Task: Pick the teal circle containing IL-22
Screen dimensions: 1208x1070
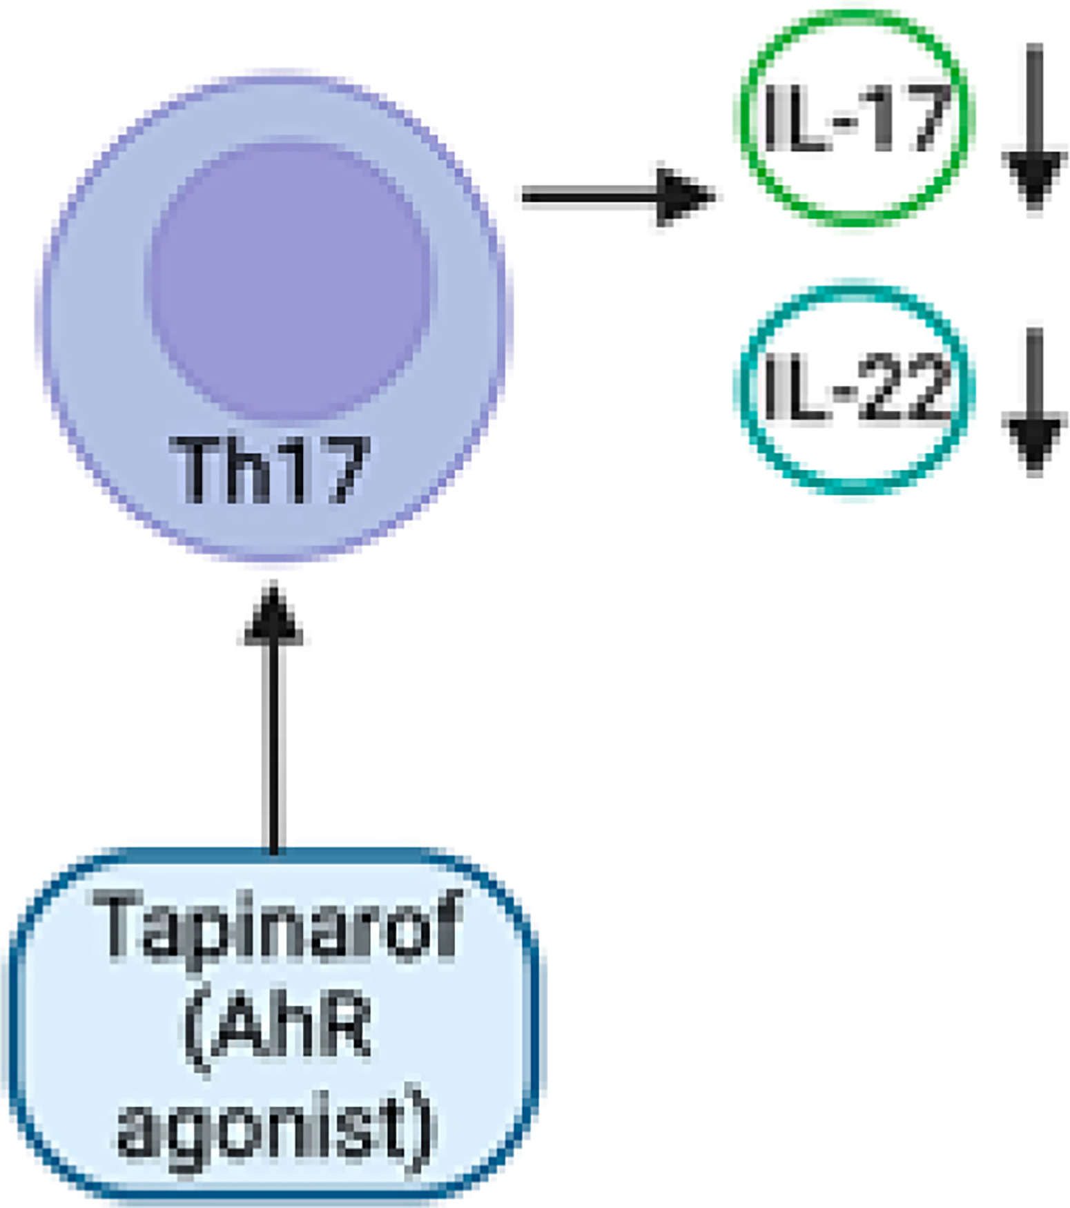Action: click(x=856, y=388)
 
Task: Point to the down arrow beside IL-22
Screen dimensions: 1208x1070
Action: click(x=1033, y=400)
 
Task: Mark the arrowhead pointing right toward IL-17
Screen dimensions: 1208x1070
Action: click(x=683, y=197)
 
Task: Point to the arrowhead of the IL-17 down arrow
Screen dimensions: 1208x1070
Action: click(x=1033, y=176)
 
